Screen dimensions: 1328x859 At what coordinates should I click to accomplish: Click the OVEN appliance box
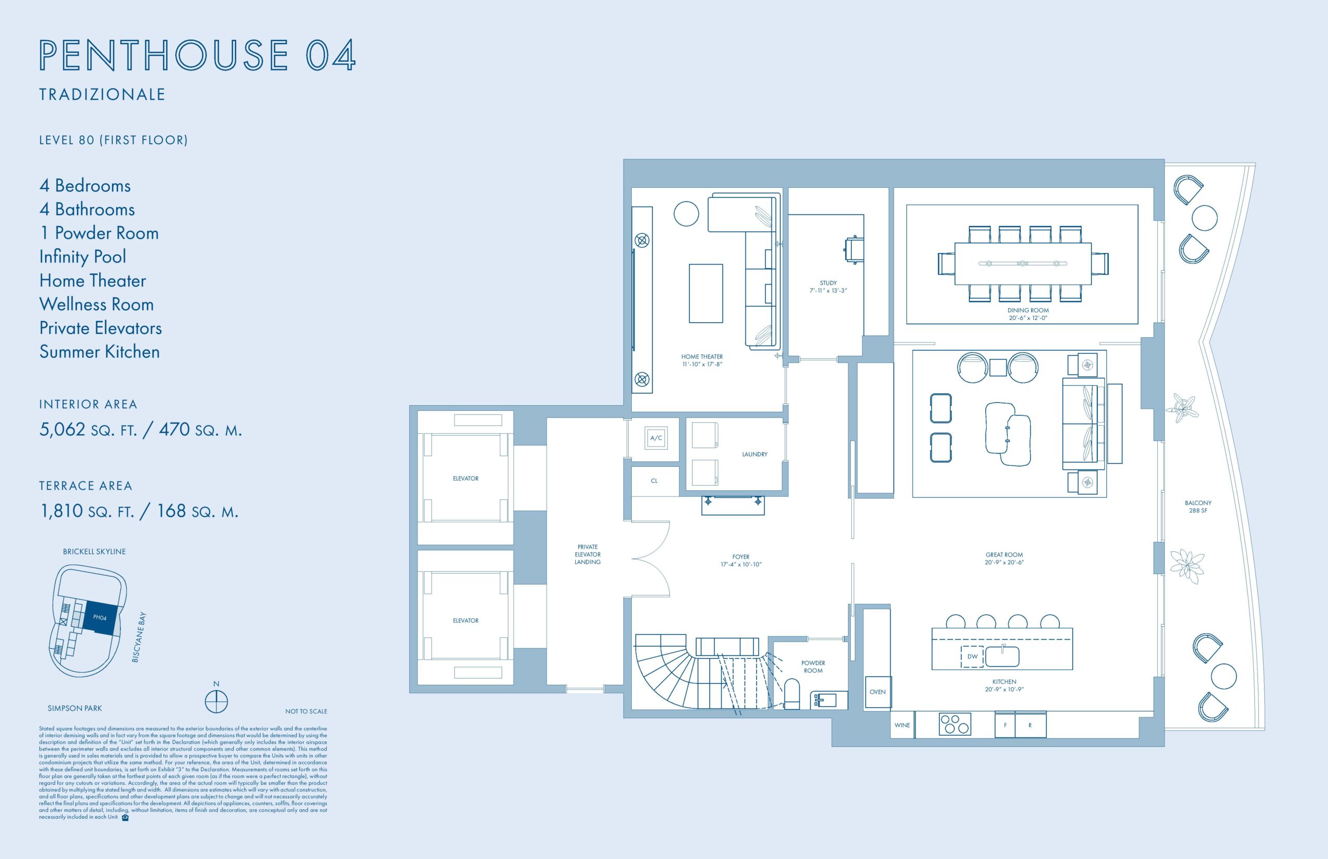pyautogui.click(x=877, y=691)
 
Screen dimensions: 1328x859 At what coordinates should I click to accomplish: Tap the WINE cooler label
pyautogui.click(x=902, y=725)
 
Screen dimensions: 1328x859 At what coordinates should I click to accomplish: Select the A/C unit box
pyautogui.click(x=656, y=438)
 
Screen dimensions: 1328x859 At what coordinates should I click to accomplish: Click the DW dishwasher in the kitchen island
pyautogui.click(x=972, y=657)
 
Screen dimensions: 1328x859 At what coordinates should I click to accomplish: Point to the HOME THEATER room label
pyautogui.click(x=702, y=361)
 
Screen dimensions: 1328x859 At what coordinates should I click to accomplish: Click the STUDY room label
pyautogui.click(x=828, y=287)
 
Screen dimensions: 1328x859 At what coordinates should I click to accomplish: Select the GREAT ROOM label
pyautogui.click(x=1004, y=558)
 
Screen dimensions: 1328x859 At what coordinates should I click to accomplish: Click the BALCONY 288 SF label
pyautogui.click(x=1198, y=506)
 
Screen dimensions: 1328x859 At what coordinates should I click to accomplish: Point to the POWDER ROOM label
pyautogui.click(x=813, y=667)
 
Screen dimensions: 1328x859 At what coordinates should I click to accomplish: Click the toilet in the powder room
pyautogui.click(x=792, y=694)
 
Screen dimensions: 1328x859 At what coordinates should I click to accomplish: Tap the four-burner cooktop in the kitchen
pyautogui.click(x=956, y=724)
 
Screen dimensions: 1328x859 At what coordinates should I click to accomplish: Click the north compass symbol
pyautogui.click(x=216, y=701)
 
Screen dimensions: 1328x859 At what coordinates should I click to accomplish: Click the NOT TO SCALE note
pyautogui.click(x=306, y=711)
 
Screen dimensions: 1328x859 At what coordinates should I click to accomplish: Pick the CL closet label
pyautogui.click(x=654, y=481)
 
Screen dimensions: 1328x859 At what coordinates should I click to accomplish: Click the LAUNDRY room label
pyautogui.click(x=755, y=454)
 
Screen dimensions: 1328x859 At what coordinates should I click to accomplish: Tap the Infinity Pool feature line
pyautogui.click(x=82, y=257)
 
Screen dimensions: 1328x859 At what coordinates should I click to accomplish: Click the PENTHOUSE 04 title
pyautogui.click(x=198, y=54)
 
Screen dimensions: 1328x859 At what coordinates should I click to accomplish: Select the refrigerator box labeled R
pyautogui.click(x=1030, y=725)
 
